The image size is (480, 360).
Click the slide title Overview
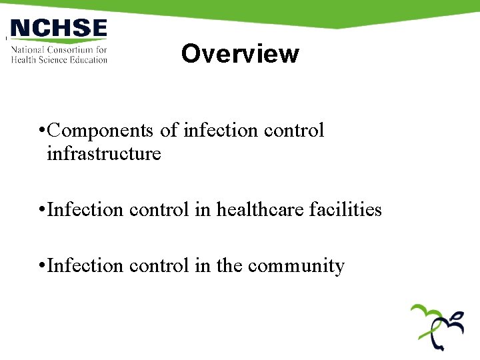[x=240, y=53]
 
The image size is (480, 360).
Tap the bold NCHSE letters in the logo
[x=59, y=29]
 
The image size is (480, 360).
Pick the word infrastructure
[x=104, y=154]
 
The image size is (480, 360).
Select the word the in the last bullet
[x=229, y=266]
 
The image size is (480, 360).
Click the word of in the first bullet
[x=169, y=131]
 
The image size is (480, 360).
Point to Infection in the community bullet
[x=85, y=266]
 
